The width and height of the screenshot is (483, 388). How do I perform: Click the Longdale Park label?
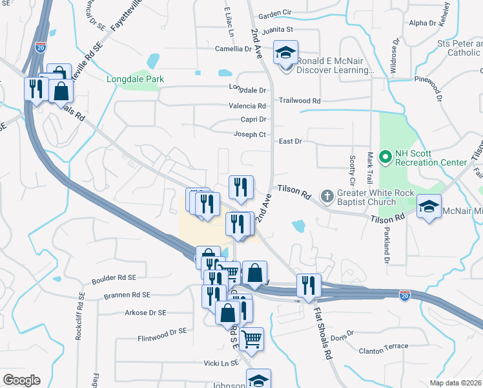tap(135, 79)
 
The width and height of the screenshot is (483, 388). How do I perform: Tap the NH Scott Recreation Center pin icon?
tap(386, 156)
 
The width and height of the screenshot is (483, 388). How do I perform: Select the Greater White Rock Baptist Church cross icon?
tap(328, 195)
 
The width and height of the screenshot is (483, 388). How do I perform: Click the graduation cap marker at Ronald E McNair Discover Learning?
tap(285, 53)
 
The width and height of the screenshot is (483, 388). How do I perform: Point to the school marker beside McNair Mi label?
tap(429, 208)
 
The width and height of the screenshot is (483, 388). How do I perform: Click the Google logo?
tap(21, 380)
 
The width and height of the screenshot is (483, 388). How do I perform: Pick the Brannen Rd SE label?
tap(127, 295)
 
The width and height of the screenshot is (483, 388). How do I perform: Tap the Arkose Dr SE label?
tap(145, 312)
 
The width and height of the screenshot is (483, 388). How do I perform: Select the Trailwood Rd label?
tap(300, 101)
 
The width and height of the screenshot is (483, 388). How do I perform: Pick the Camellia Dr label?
tap(234, 48)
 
